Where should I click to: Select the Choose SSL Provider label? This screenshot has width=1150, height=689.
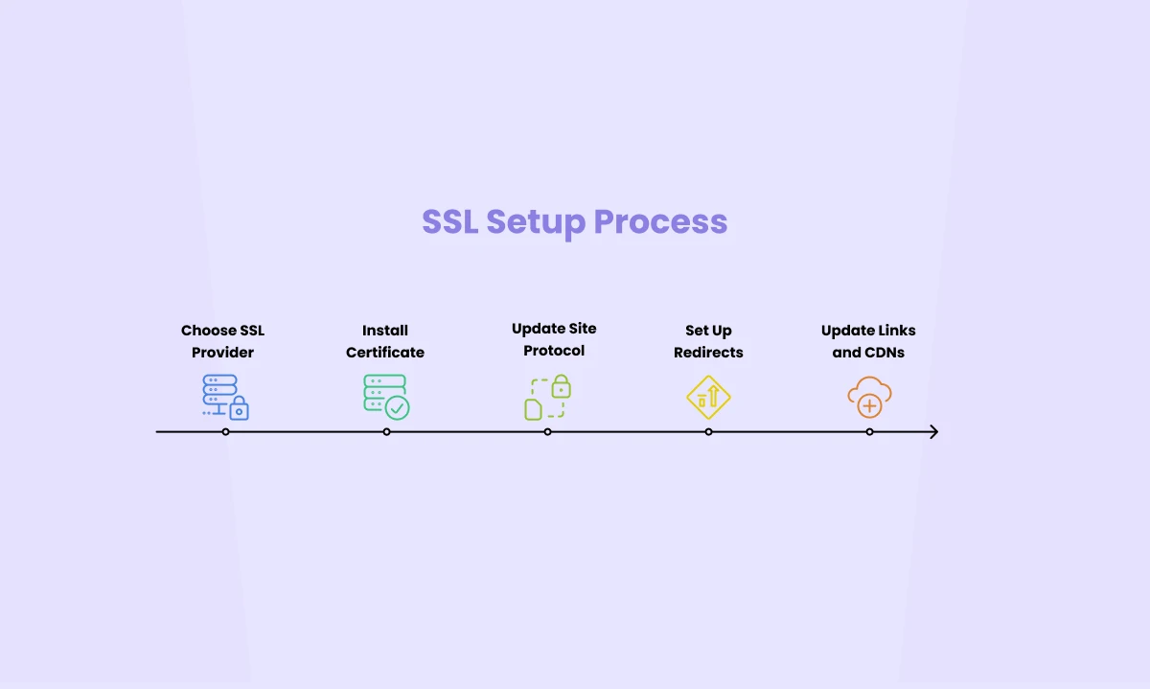click(222, 341)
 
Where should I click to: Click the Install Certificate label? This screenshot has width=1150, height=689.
click(385, 341)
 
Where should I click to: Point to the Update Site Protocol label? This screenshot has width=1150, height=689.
click(554, 339)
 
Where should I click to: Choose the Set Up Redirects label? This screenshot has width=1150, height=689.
click(708, 341)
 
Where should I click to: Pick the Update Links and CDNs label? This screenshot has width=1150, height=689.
click(868, 341)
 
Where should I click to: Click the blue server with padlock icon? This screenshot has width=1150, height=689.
click(225, 397)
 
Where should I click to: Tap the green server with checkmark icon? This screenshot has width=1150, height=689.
click(386, 397)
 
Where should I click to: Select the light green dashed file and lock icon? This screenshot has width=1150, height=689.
click(547, 398)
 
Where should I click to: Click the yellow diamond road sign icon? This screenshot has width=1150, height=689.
click(708, 398)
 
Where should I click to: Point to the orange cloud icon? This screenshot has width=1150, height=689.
click(869, 397)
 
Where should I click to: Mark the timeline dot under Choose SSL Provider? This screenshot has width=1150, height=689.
click(225, 432)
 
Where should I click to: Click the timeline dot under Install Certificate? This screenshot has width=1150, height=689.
click(386, 432)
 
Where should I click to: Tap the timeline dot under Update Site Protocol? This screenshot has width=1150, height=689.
click(547, 432)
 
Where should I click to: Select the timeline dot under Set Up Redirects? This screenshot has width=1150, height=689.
click(708, 432)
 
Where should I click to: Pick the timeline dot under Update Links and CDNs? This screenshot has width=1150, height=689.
click(869, 432)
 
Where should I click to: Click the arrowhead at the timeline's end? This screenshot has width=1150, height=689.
click(933, 432)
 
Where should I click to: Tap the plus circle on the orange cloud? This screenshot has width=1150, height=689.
click(869, 406)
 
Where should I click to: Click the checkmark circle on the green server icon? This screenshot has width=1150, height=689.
click(397, 407)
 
